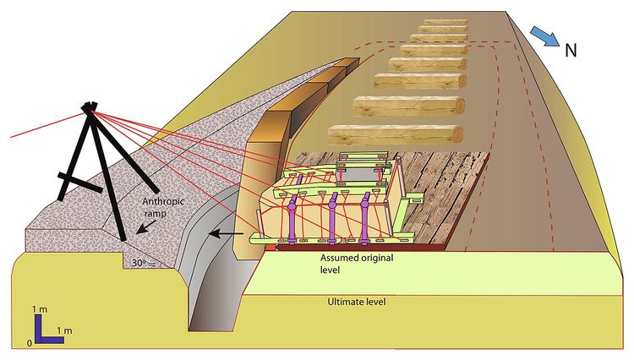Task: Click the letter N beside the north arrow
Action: click(x=571, y=49)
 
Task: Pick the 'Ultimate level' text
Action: click(x=356, y=302)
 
